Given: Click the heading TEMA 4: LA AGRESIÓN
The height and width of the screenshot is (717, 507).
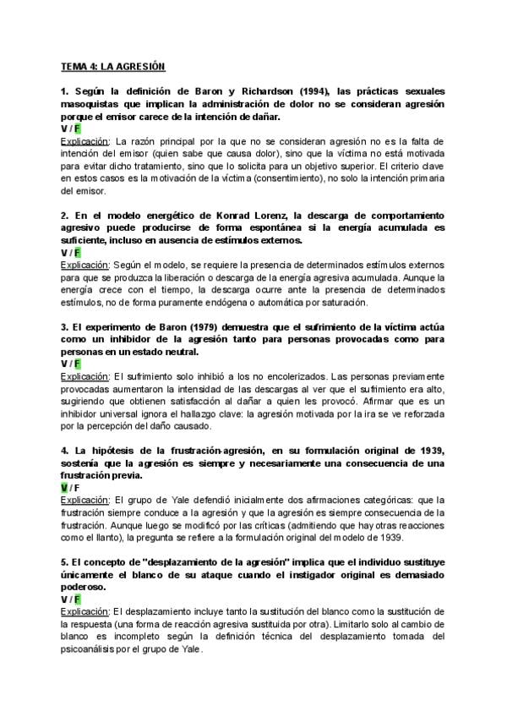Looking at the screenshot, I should tap(112, 66).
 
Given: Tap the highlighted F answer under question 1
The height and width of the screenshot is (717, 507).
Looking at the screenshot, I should tap(77, 129).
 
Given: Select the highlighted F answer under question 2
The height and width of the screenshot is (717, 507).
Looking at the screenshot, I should tap(77, 252).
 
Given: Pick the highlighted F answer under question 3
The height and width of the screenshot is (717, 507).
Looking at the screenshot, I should tap(77, 363).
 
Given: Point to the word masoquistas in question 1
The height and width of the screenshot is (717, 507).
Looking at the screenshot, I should tap(95, 104).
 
